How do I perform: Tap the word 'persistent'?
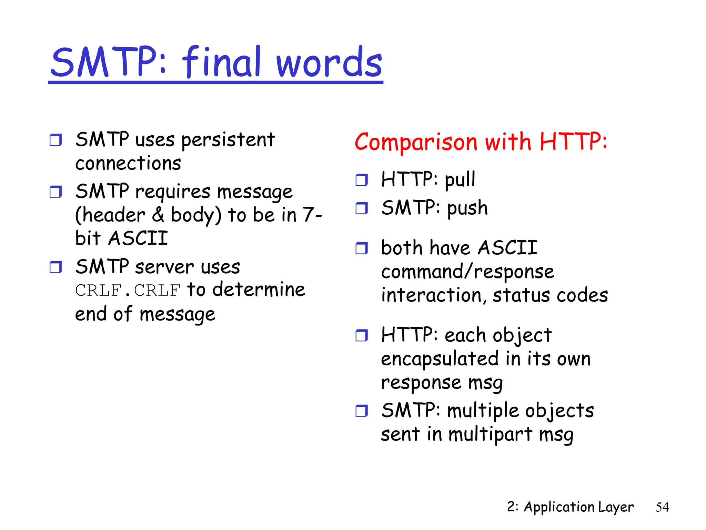pos(228,140)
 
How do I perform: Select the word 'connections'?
pos(128,163)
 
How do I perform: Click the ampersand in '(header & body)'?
pos(158,215)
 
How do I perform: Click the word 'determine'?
pos(259,289)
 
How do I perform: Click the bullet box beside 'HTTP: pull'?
pos(362,180)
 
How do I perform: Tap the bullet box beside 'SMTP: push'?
pos(362,208)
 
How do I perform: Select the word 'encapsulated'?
pos(440,359)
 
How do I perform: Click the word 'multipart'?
pos(490,434)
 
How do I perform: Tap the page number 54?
pos(662,507)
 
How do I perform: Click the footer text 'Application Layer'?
pos(578,507)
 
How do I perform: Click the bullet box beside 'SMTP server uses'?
pos(56,267)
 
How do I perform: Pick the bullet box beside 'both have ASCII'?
pos(362,248)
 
